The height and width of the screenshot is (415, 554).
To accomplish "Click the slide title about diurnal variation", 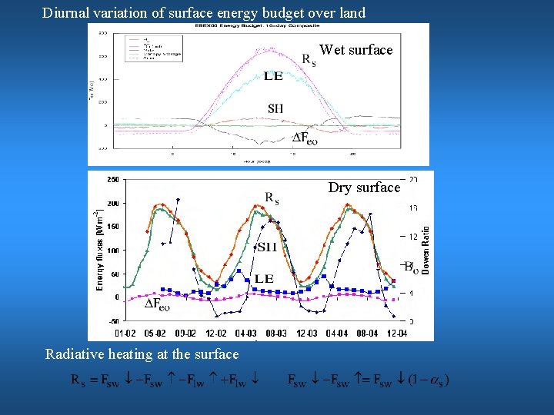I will click(x=204, y=12).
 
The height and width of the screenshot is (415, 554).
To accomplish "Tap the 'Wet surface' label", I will click(x=355, y=50).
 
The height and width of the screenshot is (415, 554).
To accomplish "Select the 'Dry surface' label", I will click(x=364, y=188).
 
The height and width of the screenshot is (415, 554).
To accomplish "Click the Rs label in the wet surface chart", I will click(x=308, y=59).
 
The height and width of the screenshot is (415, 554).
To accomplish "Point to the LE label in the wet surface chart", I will click(x=273, y=75).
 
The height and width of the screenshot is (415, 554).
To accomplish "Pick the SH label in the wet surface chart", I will click(x=275, y=108).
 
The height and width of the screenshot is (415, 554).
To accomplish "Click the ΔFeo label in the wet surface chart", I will click(x=305, y=138).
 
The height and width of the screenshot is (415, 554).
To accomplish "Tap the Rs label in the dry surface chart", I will click(x=272, y=198).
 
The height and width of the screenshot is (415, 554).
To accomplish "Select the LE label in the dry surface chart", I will click(x=264, y=278).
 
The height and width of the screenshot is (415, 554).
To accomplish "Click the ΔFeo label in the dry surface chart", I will click(x=158, y=304).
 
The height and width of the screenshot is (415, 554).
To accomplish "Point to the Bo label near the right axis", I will click(x=410, y=267).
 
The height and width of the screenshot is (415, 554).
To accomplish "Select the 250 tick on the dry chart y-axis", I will click(x=112, y=180).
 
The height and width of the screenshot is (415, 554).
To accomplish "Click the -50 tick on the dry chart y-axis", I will click(x=113, y=320).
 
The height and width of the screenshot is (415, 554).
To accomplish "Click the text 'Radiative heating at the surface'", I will click(x=142, y=354).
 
